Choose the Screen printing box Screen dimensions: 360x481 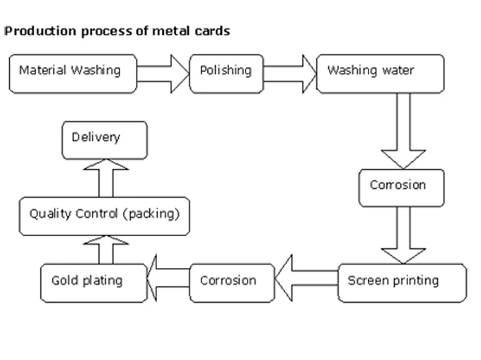point(402,282)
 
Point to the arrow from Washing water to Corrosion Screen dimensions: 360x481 point(402,130)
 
